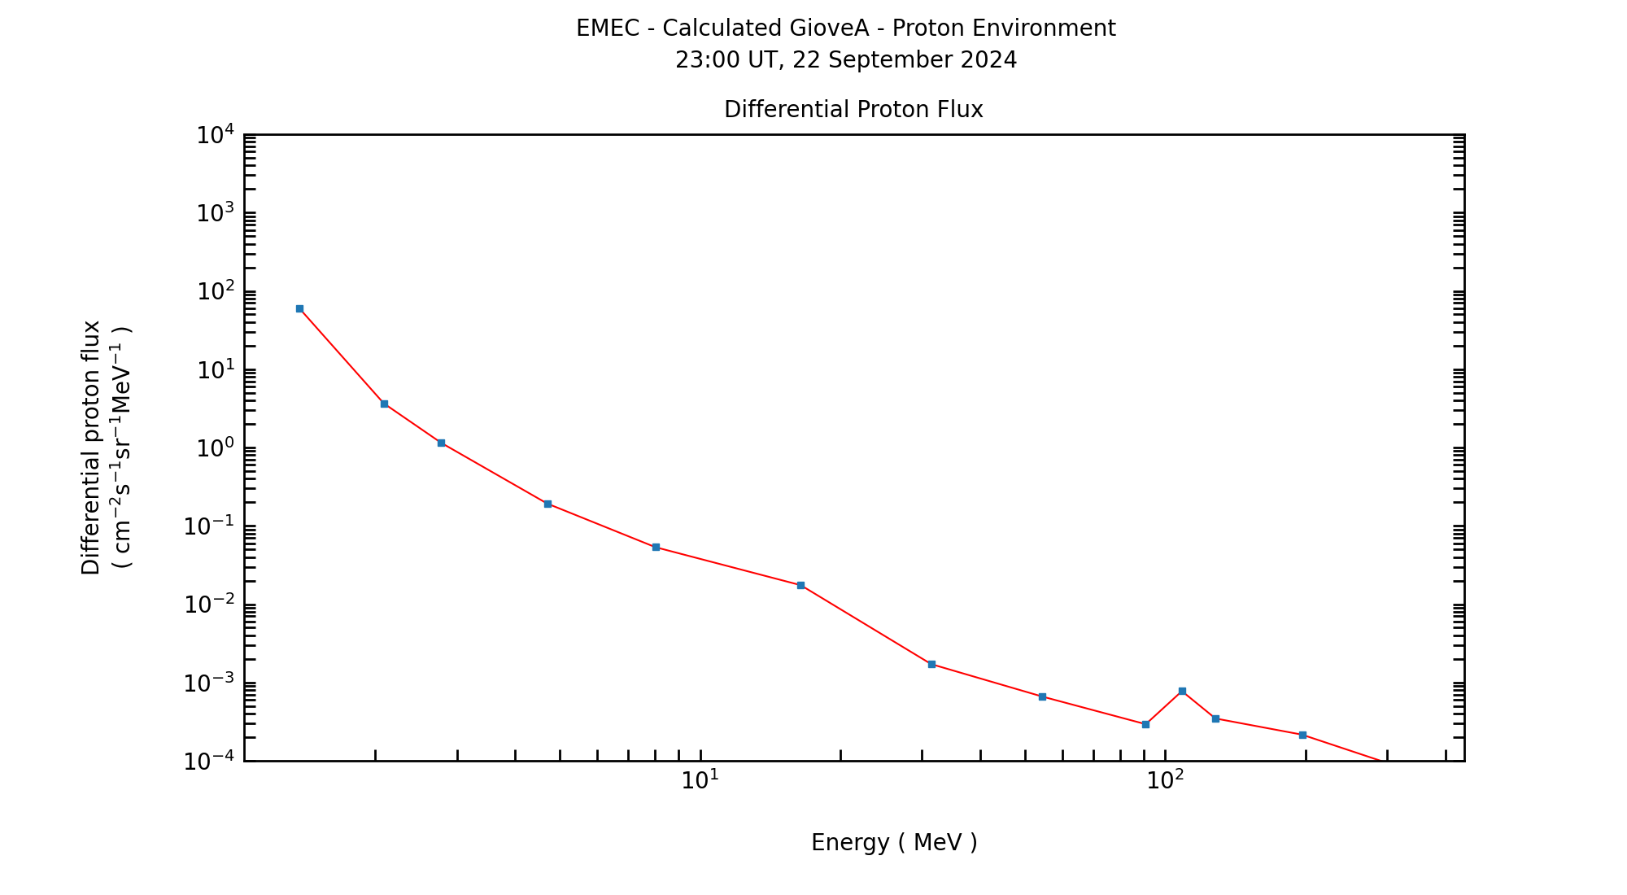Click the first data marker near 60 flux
tap(299, 308)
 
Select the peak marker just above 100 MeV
tap(1182, 691)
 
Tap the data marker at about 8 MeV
tap(656, 547)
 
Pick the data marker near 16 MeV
tap(800, 585)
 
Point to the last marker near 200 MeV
tap(1302, 735)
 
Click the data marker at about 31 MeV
tap(931, 664)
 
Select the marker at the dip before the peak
tap(1145, 724)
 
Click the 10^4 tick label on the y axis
tap(215, 134)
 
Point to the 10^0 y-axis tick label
tap(215, 448)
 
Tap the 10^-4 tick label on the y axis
tap(208, 762)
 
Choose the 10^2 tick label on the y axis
tap(215, 291)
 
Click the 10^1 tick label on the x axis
tap(700, 780)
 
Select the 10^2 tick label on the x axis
tap(1165, 780)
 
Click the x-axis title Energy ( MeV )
tap(894, 842)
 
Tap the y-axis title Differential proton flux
tap(91, 447)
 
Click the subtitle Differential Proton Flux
tap(853, 109)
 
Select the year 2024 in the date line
tap(990, 60)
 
